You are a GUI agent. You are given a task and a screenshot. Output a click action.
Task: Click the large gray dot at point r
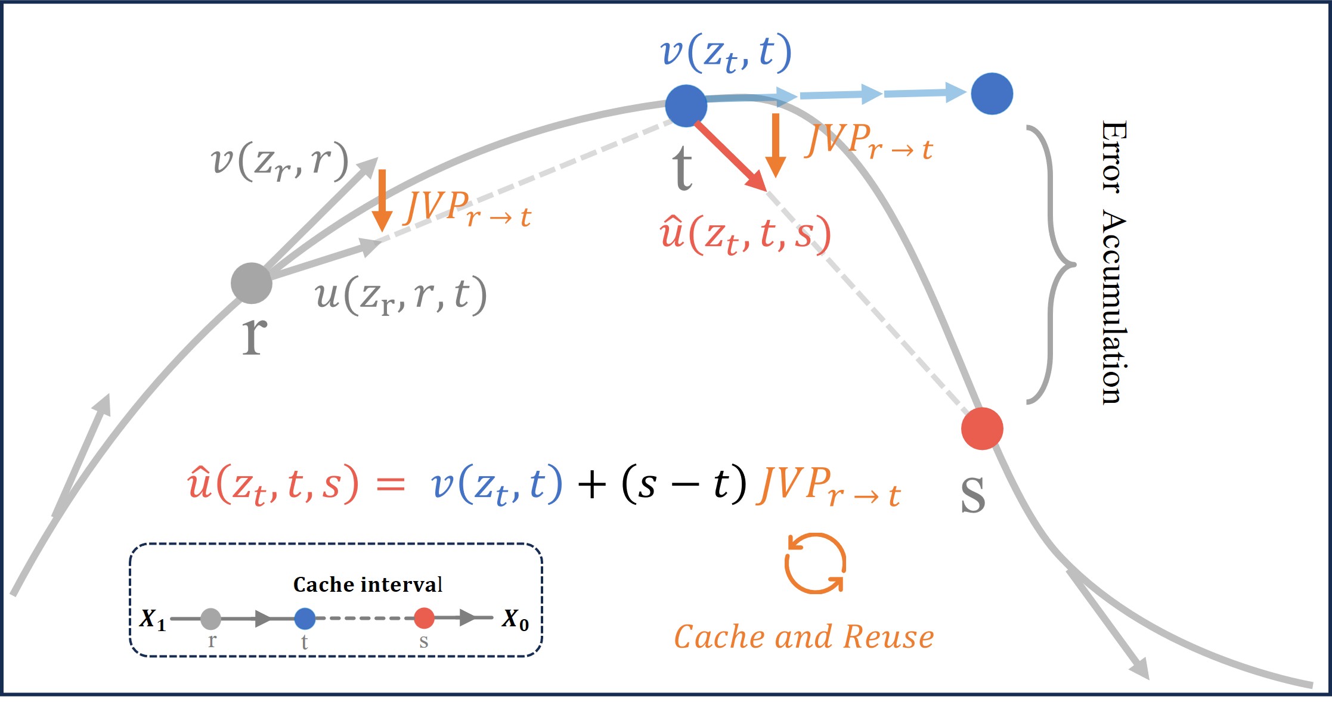tap(252, 283)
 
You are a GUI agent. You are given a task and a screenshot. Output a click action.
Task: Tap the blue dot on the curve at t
tap(686, 105)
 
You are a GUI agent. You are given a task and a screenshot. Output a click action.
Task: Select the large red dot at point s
tap(982, 428)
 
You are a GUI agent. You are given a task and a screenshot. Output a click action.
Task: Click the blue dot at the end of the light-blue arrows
tap(992, 94)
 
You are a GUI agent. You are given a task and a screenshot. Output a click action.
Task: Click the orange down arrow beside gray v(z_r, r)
tap(382, 200)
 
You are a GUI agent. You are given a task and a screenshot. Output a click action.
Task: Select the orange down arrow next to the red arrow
tap(775, 145)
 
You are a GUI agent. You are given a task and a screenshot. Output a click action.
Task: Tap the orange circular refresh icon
tap(815, 563)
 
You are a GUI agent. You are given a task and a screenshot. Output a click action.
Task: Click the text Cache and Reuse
tap(804, 636)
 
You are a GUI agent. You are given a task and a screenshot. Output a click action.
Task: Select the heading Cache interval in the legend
tap(367, 585)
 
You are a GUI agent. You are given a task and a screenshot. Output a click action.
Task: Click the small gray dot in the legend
tap(210, 619)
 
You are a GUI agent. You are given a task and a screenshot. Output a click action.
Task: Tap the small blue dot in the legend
tap(305, 619)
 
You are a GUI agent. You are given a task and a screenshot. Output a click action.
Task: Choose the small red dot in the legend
tap(424, 619)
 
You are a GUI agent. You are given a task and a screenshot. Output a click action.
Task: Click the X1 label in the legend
tap(152, 620)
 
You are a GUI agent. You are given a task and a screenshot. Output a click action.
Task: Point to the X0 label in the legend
tap(515, 620)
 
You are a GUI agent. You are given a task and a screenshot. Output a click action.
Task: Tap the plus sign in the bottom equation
tap(592, 484)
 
